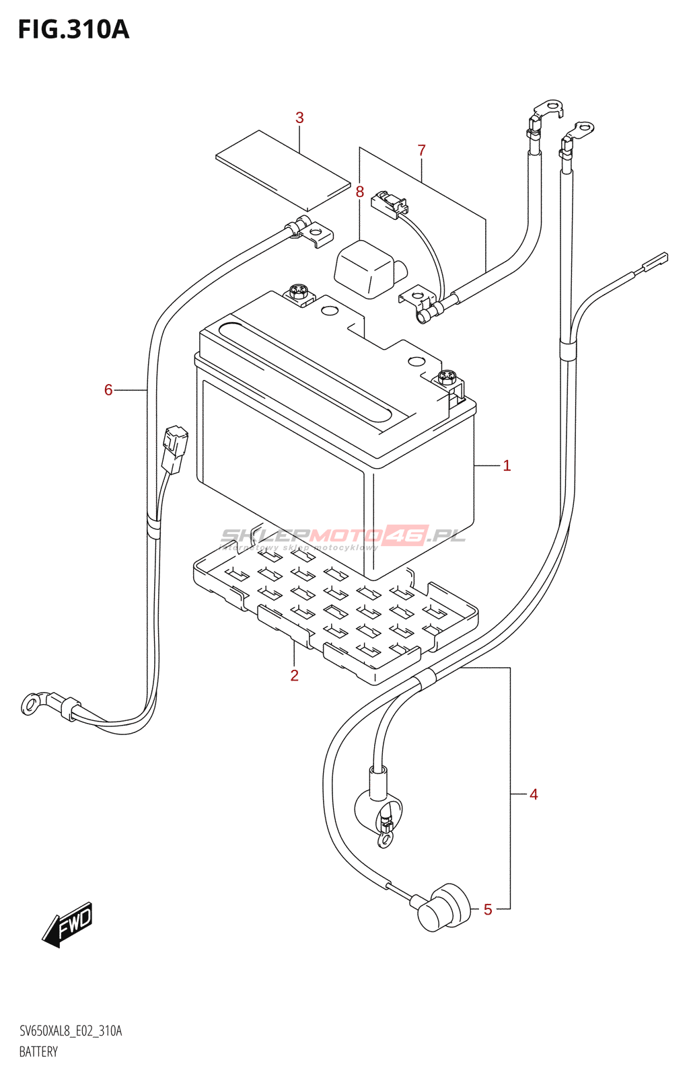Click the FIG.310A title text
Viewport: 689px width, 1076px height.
coord(73,30)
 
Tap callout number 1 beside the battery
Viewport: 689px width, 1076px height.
coord(507,465)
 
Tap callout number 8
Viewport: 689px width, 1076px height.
coord(360,192)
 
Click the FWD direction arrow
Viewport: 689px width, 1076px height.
coord(68,925)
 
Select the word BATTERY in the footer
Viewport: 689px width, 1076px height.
coord(38,1052)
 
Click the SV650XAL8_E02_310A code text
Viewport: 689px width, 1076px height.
coord(71,1031)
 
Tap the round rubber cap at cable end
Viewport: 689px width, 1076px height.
coord(443,907)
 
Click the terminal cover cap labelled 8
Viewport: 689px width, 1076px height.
coord(367,268)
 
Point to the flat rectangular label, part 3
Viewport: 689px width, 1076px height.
coord(283,169)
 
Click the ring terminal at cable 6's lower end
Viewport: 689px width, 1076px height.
coord(31,704)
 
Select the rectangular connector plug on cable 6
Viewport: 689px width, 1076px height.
coord(174,449)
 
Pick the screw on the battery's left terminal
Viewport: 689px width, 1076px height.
coord(298,292)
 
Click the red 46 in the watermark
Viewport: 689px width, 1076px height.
coord(406,535)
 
